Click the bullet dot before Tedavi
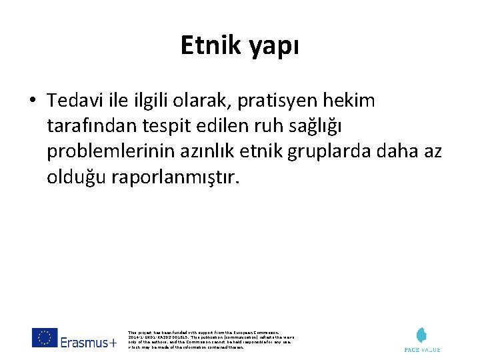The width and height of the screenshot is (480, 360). (32, 101)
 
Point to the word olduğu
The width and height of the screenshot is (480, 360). (74, 178)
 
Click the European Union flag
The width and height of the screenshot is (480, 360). (45, 338)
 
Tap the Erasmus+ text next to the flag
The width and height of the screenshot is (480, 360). (89, 343)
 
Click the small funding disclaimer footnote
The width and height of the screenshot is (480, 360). (209, 339)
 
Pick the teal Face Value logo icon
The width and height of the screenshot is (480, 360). (421, 335)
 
